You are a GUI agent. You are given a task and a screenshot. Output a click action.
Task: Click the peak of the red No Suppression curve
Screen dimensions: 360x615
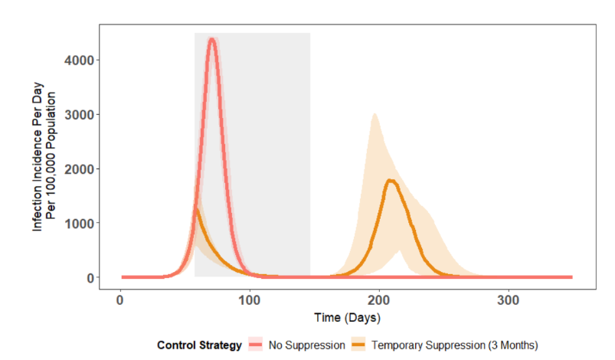pyautogui.click(x=212, y=40)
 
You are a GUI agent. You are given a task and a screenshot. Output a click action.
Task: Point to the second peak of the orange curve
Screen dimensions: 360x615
pyautogui.click(x=391, y=181)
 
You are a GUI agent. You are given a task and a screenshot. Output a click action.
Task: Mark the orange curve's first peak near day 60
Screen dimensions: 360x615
pyautogui.click(x=197, y=209)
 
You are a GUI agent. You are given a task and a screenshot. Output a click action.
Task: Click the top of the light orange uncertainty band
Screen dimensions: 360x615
pyautogui.click(x=374, y=114)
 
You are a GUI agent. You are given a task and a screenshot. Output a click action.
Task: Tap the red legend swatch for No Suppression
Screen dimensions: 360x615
pyautogui.click(x=257, y=345)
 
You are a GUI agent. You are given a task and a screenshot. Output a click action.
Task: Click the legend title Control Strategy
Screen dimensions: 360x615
pyautogui.click(x=199, y=345)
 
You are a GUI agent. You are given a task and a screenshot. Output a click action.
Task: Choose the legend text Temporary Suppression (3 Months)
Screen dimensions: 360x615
pyautogui.click(x=455, y=345)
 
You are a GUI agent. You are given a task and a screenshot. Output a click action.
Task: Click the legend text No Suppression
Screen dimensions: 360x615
pyautogui.click(x=307, y=345)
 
